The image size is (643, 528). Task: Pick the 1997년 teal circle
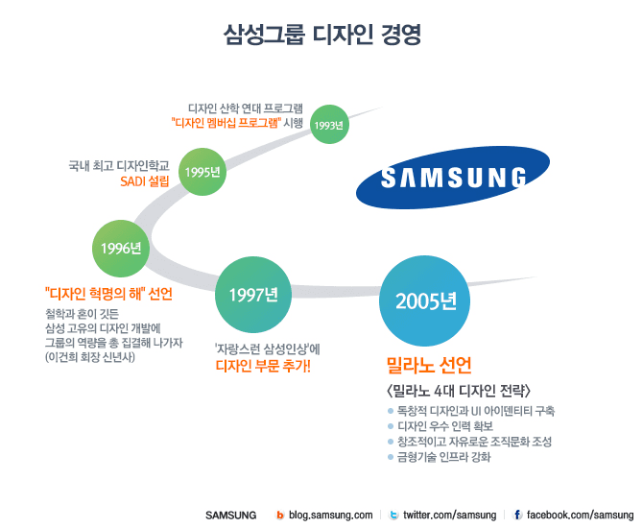pyautogui.click(x=252, y=294)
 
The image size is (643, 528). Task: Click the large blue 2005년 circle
pyautogui.click(x=426, y=300)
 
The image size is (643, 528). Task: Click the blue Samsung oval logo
pyautogui.click(x=453, y=178)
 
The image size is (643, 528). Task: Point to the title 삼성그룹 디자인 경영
pyautogui.click(x=321, y=36)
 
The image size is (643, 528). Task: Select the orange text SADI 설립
pyautogui.click(x=145, y=181)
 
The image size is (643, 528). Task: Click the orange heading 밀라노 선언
pyautogui.click(x=429, y=366)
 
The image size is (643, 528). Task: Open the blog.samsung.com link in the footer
pyautogui.click(x=329, y=516)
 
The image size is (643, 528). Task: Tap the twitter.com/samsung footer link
pyautogui.click(x=449, y=516)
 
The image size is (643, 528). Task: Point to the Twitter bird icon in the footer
pyautogui.click(x=394, y=516)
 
